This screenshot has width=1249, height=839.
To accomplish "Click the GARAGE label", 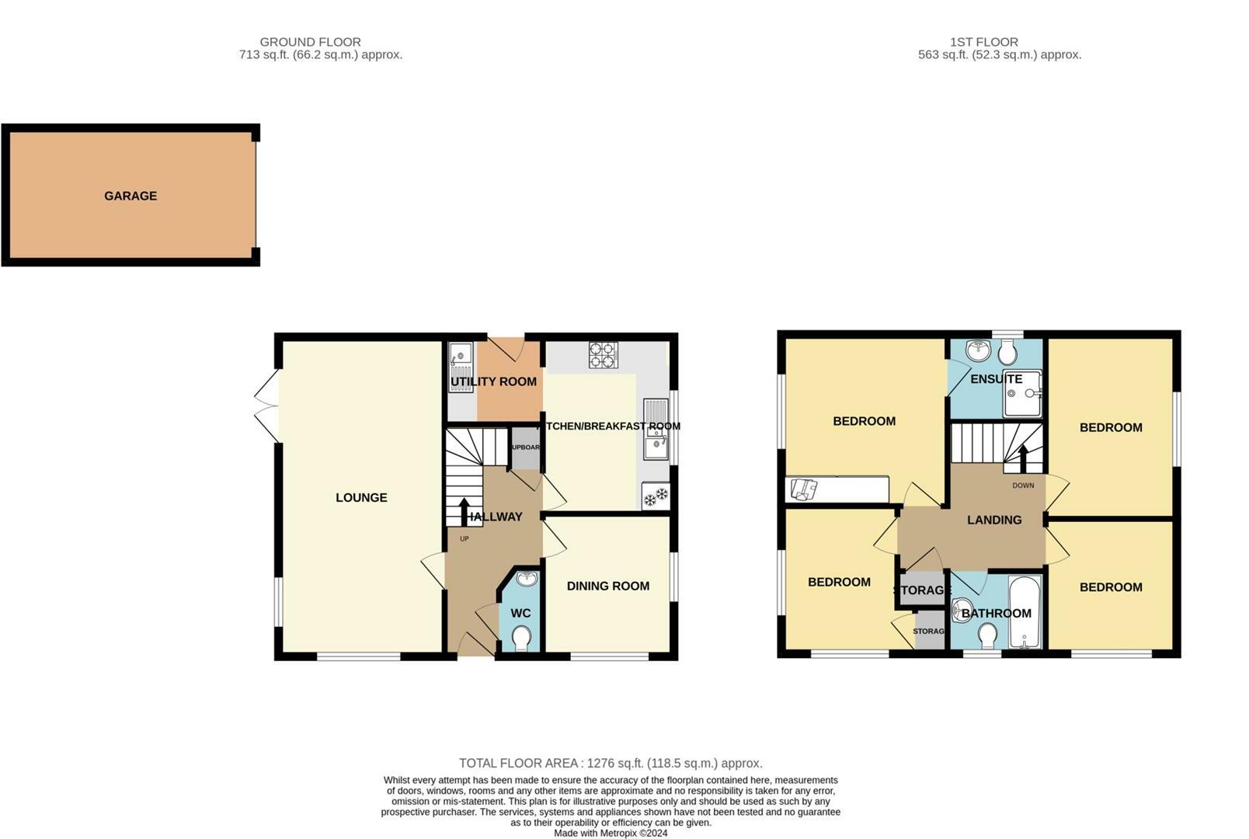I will pyautogui.click(x=130, y=196).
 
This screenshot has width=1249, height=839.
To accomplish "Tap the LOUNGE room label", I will pyautogui.click(x=361, y=498).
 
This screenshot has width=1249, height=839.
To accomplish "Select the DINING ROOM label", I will pyautogui.click(x=607, y=587).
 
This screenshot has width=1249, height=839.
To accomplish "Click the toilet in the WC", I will pyautogui.click(x=521, y=639).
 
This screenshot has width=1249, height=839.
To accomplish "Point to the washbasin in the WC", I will pyautogui.click(x=526, y=579).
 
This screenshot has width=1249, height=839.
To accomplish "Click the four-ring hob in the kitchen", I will pyautogui.click(x=603, y=355).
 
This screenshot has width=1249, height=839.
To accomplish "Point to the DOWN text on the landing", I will pyautogui.click(x=1023, y=486).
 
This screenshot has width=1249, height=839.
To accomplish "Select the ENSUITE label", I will pyautogui.click(x=996, y=379).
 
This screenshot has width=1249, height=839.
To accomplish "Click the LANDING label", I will pyautogui.click(x=994, y=520).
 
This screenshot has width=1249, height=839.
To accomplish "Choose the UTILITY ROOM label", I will pyautogui.click(x=493, y=381).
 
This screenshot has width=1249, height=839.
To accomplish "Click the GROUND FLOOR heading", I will pyautogui.click(x=310, y=42).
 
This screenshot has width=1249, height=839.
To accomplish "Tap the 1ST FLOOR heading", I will pyautogui.click(x=983, y=42).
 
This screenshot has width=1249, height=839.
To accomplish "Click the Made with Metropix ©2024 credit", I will pyautogui.click(x=611, y=834).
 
